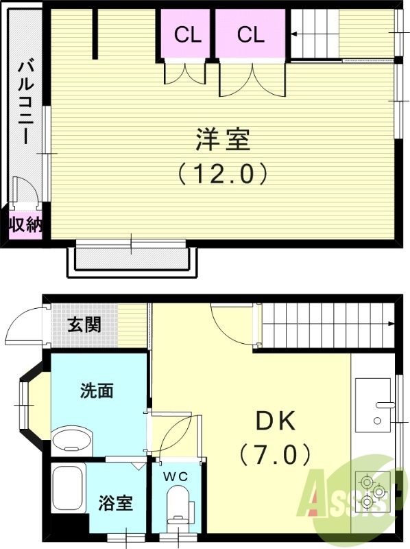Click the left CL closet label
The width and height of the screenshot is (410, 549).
tap(186, 35)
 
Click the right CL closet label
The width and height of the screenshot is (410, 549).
tap(251, 35)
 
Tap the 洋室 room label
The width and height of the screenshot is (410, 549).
tap(221, 140)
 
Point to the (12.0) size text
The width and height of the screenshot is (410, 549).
tap(221, 173)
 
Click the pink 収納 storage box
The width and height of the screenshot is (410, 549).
tap(25, 225)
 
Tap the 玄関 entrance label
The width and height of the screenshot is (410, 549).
tap(84, 324)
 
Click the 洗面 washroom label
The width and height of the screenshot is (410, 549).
tap(97, 391)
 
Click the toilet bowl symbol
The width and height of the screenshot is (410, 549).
tap(177, 504)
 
